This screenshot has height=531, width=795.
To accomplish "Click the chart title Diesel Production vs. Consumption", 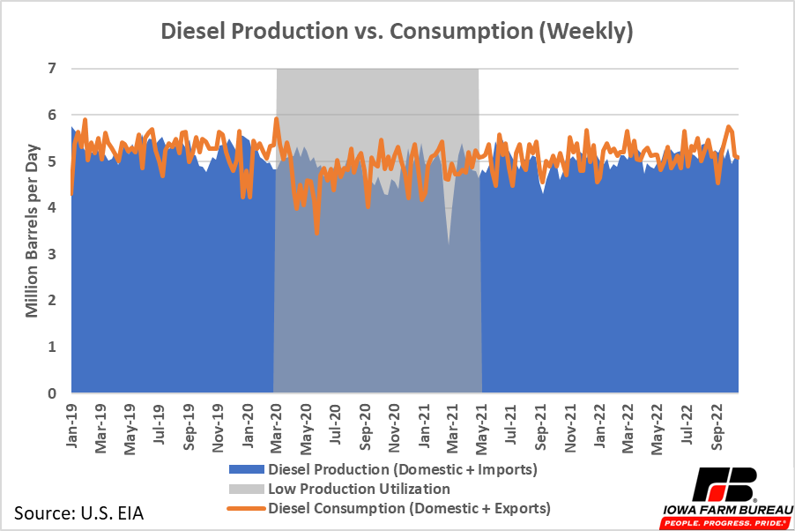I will (x=397, y=33).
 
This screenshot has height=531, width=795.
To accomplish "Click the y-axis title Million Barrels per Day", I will (x=32, y=231).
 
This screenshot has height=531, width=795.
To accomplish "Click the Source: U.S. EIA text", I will (x=78, y=512).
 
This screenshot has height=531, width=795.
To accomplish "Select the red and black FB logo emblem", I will (x=724, y=484).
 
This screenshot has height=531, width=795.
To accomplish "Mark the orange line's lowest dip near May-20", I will (x=316, y=234).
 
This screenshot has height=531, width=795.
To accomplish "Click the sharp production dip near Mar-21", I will (x=449, y=241).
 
